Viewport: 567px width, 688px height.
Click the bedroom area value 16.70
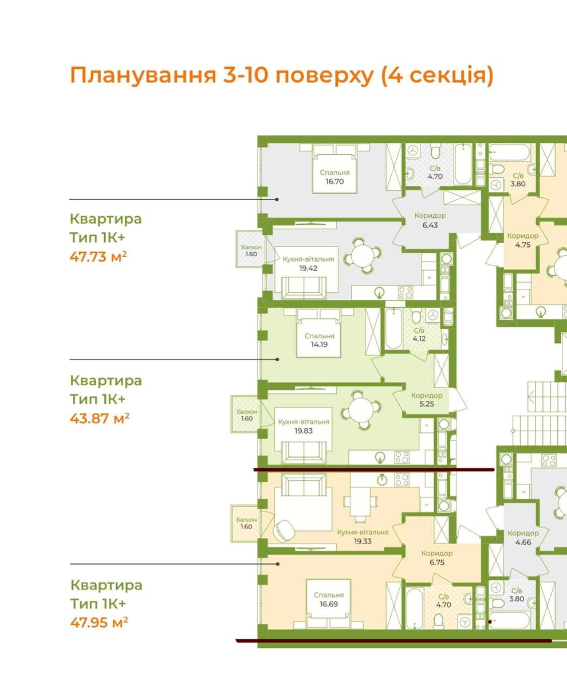pyautogui.click(x=334, y=182)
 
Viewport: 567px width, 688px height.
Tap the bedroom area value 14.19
pyautogui.click(x=319, y=345)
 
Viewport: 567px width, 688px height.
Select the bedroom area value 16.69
pyautogui.click(x=328, y=604)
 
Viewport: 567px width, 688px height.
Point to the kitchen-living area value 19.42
pyautogui.click(x=308, y=268)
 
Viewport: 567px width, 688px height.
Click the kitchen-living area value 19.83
pyautogui.click(x=304, y=431)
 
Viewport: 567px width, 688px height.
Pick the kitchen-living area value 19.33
pyautogui.click(x=363, y=541)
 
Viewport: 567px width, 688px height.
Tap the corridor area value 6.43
pyautogui.click(x=430, y=225)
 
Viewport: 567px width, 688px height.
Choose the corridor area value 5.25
pyautogui.click(x=427, y=404)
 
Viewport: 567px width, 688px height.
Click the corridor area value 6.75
pyautogui.click(x=437, y=562)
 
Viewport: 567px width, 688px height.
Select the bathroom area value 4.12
pyautogui.click(x=419, y=339)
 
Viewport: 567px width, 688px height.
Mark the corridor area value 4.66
pyautogui.click(x=523, y=542)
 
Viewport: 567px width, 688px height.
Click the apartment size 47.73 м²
pyautogui.click(x=98, y=256)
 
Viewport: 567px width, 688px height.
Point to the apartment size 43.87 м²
pyautogui.click(x=100, y=419)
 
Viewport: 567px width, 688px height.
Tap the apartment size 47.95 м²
pyautogui.click(x=99, y=623)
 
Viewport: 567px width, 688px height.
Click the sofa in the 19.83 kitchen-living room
pyautogui.click(x=304, y=452)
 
